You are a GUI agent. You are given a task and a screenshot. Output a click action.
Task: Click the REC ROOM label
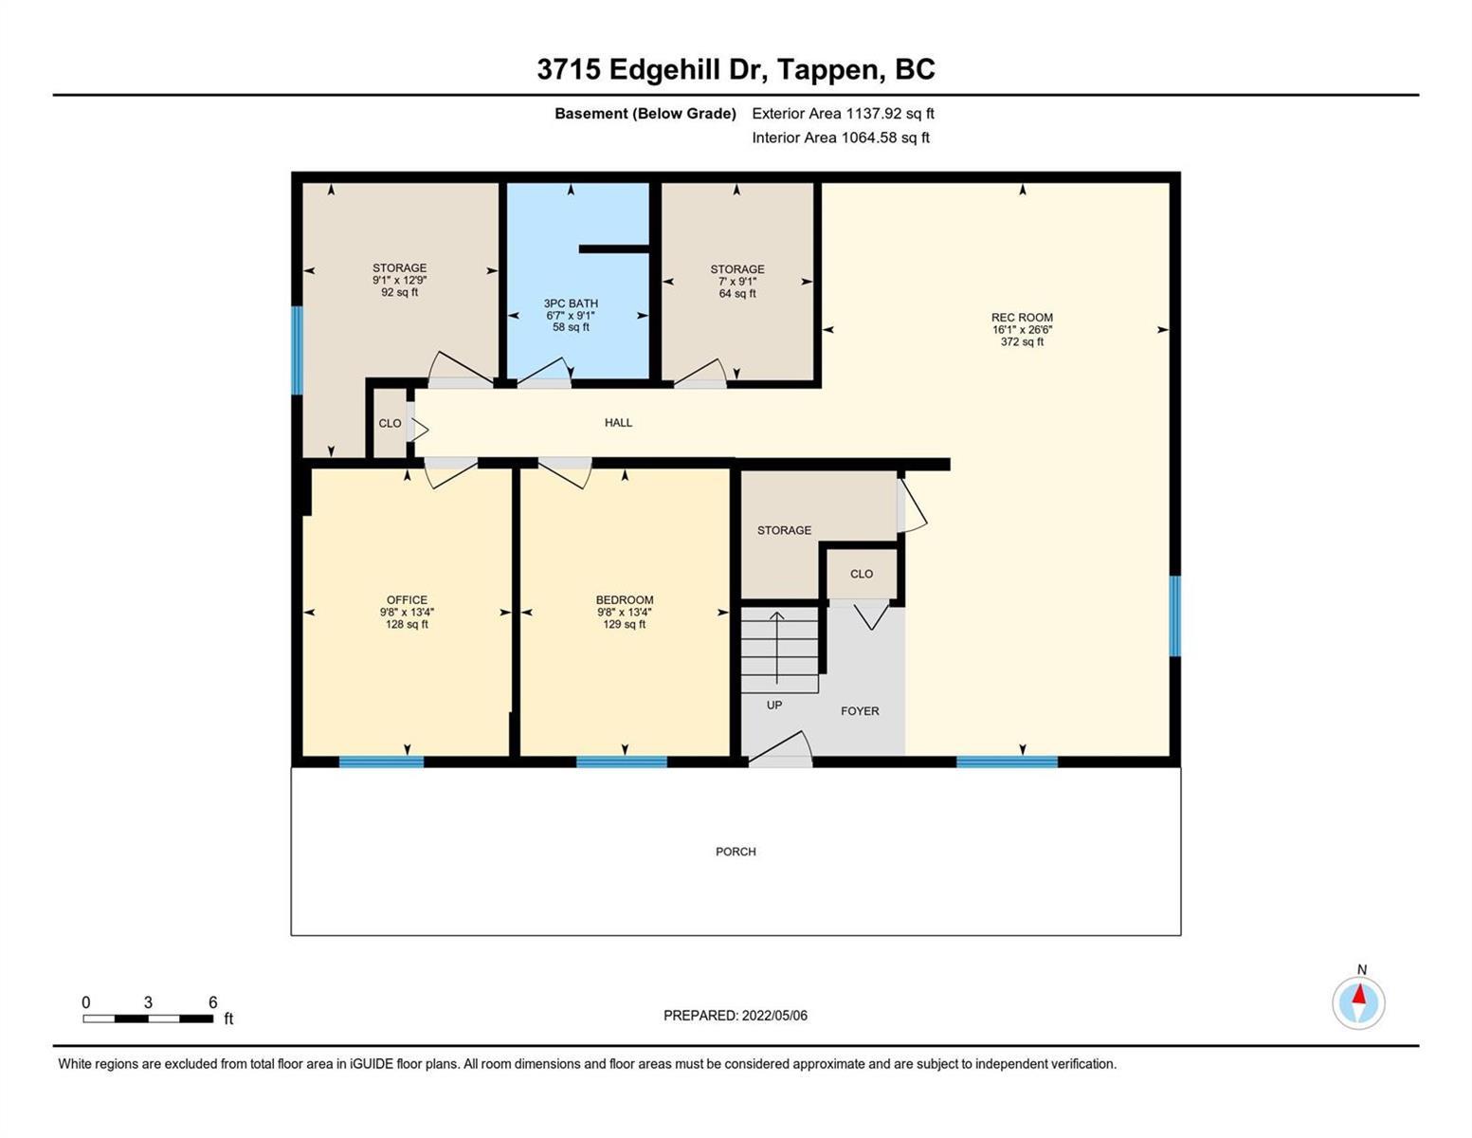[1022, 317]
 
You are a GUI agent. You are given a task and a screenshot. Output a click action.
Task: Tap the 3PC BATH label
[571, 303]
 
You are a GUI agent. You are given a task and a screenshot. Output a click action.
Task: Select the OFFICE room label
[407, 600]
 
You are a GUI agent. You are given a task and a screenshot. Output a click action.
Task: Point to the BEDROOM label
[624, 600]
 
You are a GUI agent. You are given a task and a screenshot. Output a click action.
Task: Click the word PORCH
[736, 852]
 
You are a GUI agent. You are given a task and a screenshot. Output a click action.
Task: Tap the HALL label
[618, 422]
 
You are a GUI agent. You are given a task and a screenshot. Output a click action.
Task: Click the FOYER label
[860, 711]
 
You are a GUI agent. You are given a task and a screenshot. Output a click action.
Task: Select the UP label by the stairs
[774, 705]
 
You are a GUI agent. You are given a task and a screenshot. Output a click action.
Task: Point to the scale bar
[148, 1019]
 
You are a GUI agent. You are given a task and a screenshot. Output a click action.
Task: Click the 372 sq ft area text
[1022, 341]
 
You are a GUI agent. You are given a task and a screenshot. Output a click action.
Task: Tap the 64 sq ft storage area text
[737, 293]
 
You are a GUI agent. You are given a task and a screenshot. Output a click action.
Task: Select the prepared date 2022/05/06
[774, 1016]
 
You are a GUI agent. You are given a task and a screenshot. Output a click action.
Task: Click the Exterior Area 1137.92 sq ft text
[843, 113]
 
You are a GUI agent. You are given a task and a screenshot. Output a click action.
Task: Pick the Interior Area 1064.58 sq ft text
[841, 138]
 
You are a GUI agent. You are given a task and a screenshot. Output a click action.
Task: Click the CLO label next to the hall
[390, 423]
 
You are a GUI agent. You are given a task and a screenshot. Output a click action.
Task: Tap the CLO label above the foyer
[861, 574]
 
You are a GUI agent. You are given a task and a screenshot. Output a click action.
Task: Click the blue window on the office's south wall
[381, 762]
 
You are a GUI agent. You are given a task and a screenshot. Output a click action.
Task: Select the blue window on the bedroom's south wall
[621, 762]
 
